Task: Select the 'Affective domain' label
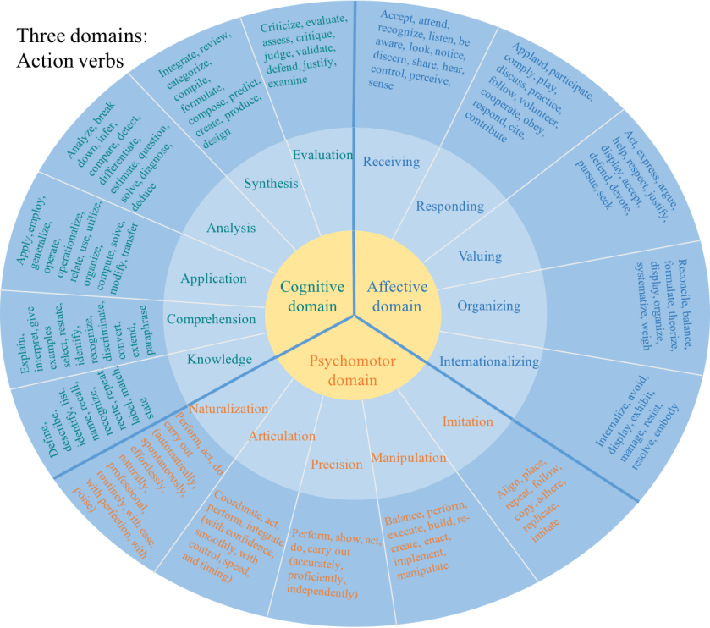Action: click(x=397, y=296)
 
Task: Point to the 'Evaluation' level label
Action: click(x=322, y=154)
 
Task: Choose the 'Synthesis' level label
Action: click(x=271, y=183)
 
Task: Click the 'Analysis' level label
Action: click(x=231, y=228)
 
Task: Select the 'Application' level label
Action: click(x=213, y=278)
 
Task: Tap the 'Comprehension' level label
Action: click(x=211, y=319)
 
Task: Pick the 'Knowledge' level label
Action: click(x=219, y=359)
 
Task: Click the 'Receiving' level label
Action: click(x=390, y=162)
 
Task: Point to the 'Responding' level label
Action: click(x=449, y=206)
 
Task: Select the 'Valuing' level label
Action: click(x=480, y=256)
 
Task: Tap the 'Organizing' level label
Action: click(x=488, y=306)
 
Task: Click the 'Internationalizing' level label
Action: click(x=488, y=361)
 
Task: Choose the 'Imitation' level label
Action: click(x=467, y=421)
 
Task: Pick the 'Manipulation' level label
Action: click(x=408, y=458)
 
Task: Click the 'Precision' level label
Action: click(x=336, y=465)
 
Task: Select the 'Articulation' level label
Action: click(x=281, y=436)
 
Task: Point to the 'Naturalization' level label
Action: click(x=228, y=408)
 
